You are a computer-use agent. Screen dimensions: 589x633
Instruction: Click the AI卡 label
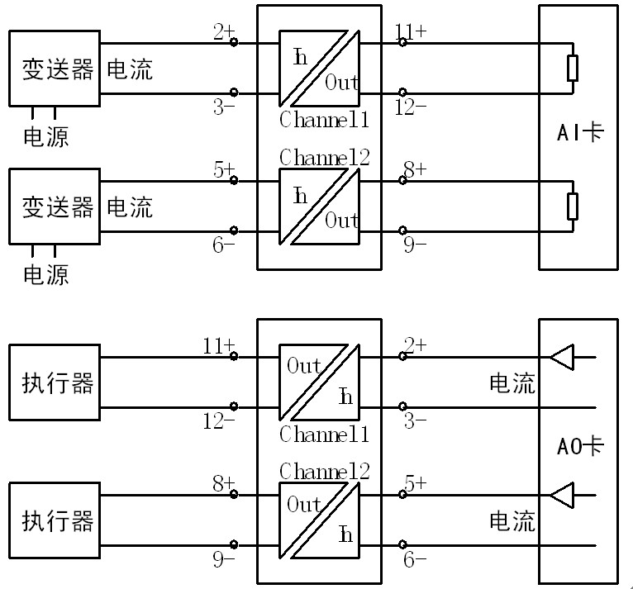(578, 132)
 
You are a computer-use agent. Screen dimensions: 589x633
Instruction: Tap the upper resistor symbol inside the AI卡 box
(573, 69)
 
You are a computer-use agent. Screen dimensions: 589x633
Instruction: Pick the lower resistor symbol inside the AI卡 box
(573, 206)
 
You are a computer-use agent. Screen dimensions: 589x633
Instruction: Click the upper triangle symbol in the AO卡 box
(562, 357)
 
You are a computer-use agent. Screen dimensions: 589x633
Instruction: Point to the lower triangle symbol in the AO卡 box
(562, 495)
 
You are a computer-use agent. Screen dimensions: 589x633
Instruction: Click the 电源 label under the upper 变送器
(45, 135)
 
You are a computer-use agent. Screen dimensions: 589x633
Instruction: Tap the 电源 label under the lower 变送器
(45, 273)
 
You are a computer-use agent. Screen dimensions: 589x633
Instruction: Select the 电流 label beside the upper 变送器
(131, 69)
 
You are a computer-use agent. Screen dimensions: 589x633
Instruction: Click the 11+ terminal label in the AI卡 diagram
(411, 32)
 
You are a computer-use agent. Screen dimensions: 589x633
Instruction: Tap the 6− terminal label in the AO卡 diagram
(414, 559)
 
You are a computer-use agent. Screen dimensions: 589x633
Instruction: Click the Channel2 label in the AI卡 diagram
(324, 157)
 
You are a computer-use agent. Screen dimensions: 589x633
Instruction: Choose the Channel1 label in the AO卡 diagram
(324, 434)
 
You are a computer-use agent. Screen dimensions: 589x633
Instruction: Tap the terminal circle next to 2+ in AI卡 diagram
(234, 42)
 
